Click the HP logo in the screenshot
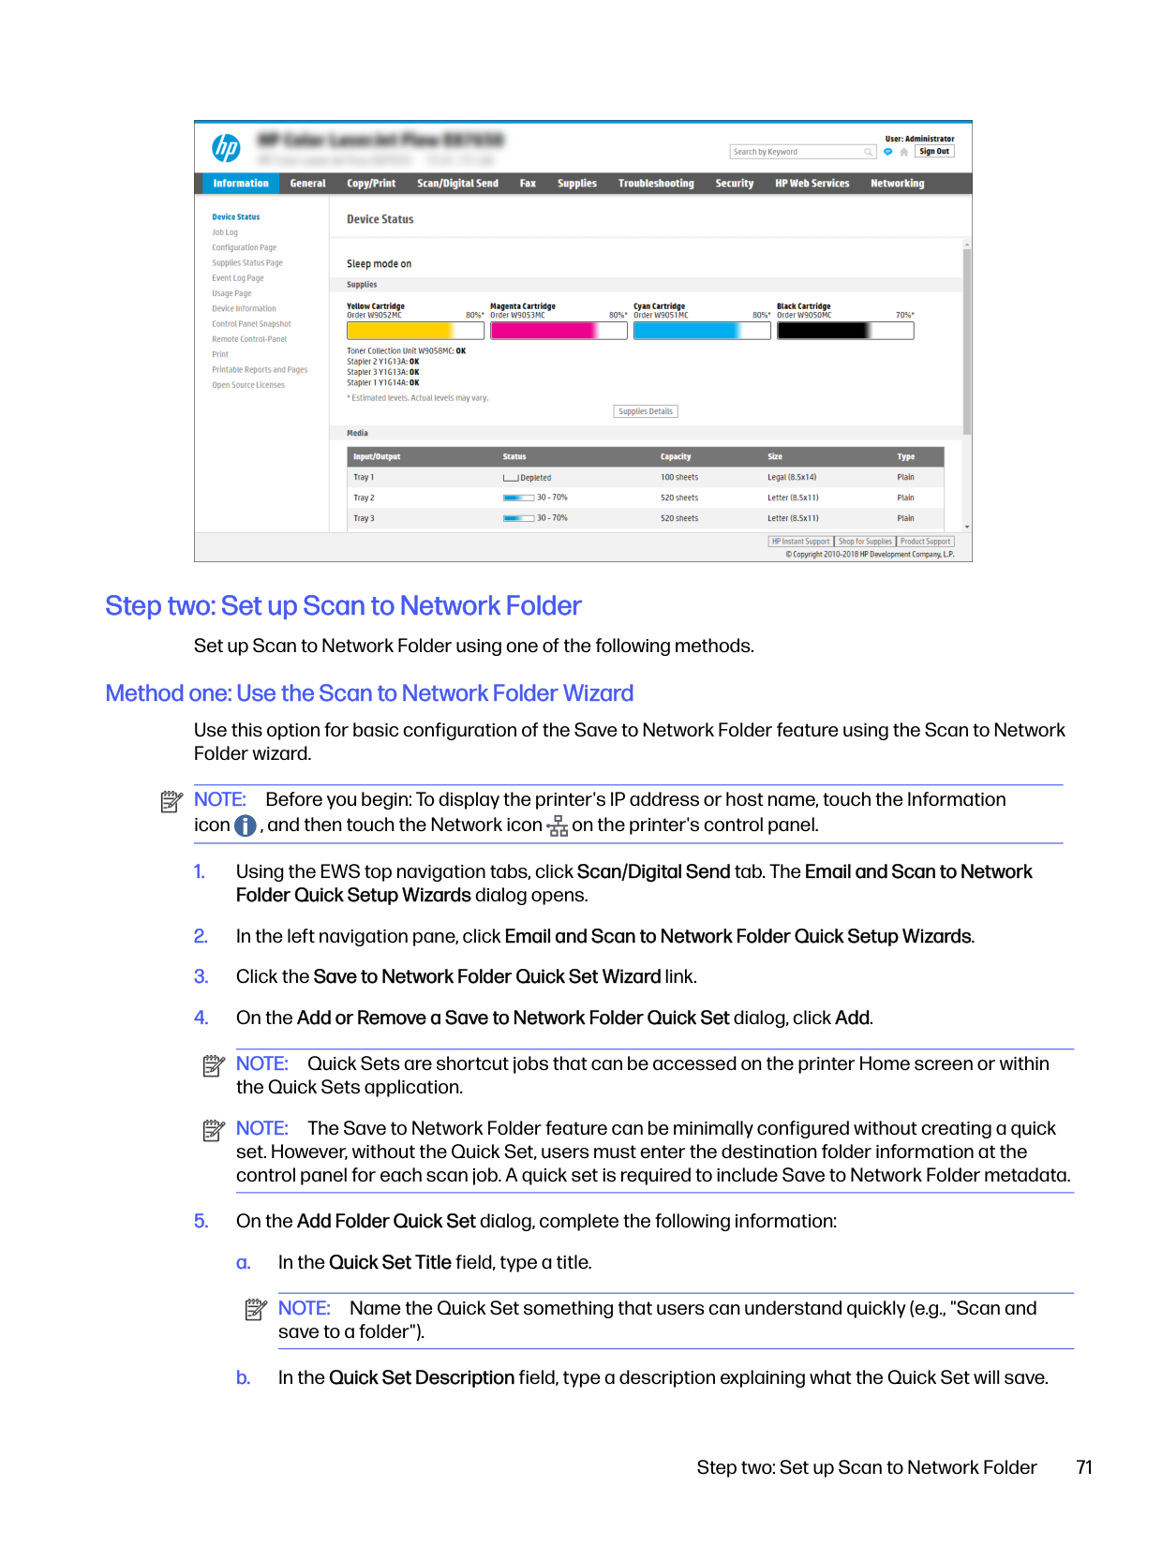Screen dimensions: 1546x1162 coord(226,148)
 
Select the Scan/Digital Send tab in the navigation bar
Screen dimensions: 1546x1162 coord(457,184)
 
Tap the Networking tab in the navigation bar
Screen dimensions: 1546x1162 coord(897,184)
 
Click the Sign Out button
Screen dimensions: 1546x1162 coord(934,152)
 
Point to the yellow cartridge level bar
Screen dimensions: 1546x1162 coord(415,331)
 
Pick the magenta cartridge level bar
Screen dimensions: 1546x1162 coord(559,331)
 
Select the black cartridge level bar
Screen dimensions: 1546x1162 coord(845,331)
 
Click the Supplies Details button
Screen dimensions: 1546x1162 coord(646,411)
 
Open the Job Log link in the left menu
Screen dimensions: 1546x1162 coord(225,232)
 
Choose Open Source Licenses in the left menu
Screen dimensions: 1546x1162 coord(248,385)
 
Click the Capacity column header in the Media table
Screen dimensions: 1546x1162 coord(676,457)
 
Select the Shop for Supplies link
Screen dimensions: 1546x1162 coord(865,542)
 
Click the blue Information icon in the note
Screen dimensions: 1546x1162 coord(246,825)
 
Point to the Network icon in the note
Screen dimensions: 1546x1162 coord(558,825)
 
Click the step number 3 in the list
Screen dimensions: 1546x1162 coord(201,977)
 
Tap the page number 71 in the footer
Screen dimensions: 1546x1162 coord(1084,1467)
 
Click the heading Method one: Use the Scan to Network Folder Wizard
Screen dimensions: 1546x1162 coord(369,693)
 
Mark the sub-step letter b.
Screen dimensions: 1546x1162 coord(243,1378)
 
